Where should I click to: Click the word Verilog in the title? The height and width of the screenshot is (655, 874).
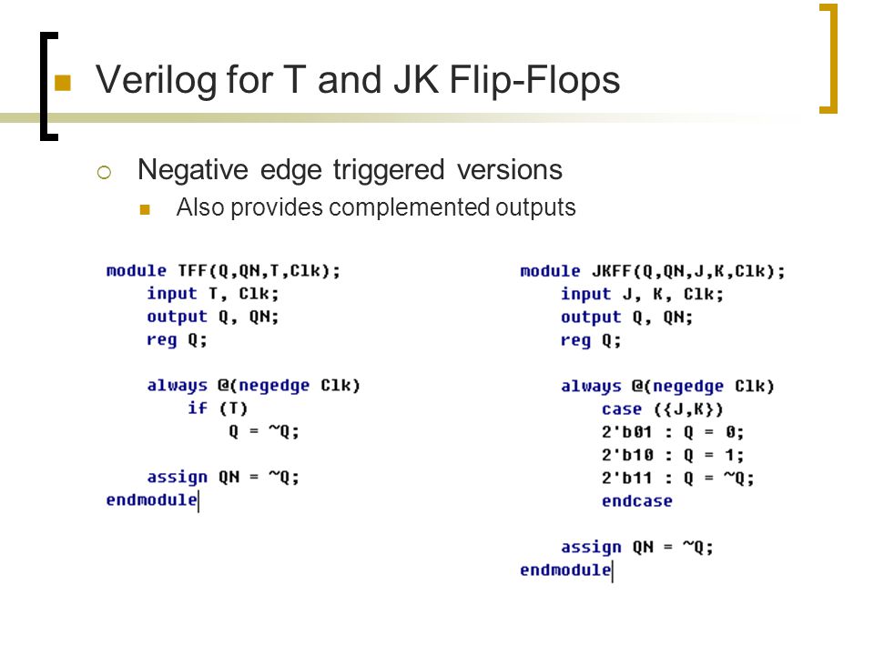[156, 81]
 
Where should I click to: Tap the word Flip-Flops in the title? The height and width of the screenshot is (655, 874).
[534, 79]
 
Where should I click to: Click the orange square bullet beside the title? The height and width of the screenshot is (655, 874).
[63, 83]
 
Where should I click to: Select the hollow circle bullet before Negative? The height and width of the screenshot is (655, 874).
[104, 173]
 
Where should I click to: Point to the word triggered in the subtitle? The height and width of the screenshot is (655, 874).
[389, 170]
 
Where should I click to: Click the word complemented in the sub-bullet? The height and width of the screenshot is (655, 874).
[410, 207]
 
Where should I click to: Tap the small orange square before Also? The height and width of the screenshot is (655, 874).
[145, 209]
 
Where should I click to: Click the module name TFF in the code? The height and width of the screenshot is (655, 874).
[193, 271]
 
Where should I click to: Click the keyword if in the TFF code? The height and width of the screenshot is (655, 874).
[198, 408]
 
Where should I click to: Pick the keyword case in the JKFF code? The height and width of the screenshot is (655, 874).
[622, 409]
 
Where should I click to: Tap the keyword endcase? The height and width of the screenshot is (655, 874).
[636, 500]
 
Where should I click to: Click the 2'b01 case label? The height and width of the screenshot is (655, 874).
[626, 431]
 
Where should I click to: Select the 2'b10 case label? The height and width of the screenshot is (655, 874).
[627, 455]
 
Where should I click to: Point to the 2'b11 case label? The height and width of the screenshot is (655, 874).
[626, 478]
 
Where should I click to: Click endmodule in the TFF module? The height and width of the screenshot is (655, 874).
[152, 499]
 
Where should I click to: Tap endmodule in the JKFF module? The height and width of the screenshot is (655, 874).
[565, 569]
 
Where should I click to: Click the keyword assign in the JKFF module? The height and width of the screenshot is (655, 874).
[591, 548]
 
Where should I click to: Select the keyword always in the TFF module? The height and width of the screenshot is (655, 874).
[177, 386]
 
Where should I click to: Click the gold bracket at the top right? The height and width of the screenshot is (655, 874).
[833, 58]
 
